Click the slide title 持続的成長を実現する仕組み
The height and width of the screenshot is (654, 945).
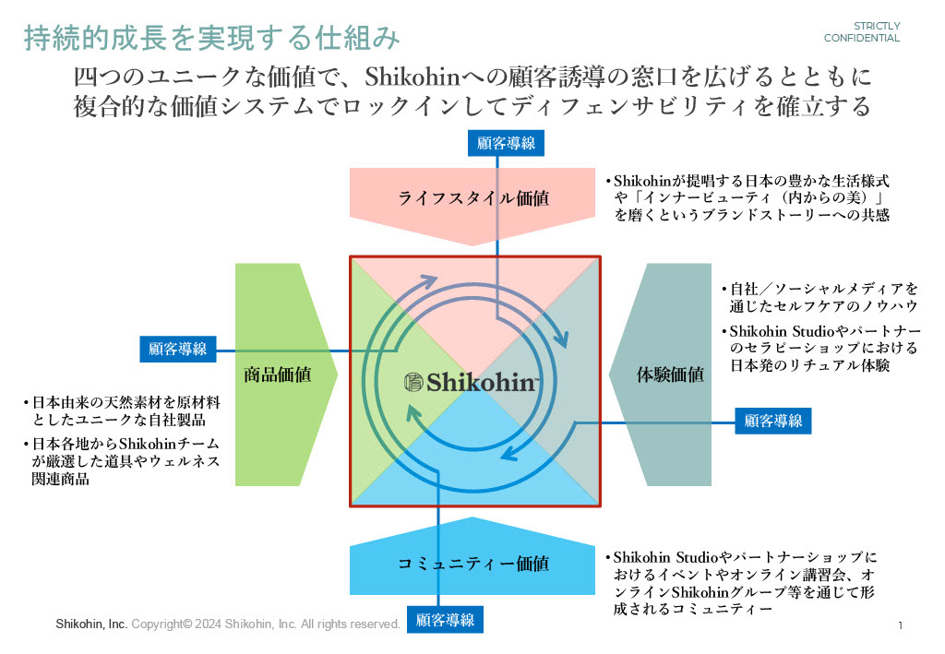pos(211,38)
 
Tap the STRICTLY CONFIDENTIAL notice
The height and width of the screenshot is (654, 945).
pos(862,32)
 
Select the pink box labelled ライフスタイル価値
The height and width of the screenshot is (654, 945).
pos(472,197)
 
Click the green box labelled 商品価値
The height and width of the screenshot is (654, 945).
pos(277,375)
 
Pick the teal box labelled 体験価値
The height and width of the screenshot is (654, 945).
pos(670,375)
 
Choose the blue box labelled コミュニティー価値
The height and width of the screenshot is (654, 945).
pos(472,564)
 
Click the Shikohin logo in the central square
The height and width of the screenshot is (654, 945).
pos(472,382)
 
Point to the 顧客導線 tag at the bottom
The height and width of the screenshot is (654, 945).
pos(445,620)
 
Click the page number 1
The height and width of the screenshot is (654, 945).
pos(899,626)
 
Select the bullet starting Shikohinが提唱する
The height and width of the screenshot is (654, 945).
pos(748,198)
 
